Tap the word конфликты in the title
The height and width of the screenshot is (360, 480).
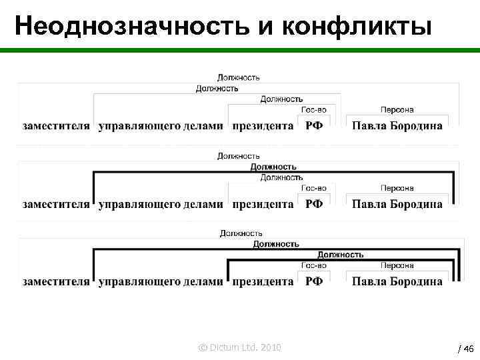pos(358,26)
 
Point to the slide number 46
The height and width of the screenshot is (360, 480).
pos(467,349)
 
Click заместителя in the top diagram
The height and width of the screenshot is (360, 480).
pos(56,126)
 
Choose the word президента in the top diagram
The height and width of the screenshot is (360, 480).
pos(263,126)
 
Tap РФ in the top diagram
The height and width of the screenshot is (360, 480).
pos(314,126)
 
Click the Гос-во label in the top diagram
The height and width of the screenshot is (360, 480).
pos(313,110)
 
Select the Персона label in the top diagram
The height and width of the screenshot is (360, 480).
pos(397,110)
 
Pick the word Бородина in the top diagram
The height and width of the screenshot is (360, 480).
pos(415,126)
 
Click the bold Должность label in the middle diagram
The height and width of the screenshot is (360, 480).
pos(273,167)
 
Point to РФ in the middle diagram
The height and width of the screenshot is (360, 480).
pos(314,205)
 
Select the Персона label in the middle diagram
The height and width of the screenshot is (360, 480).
pos(397,189)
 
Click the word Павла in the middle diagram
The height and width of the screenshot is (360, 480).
pos(368,205)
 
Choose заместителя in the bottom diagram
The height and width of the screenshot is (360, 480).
pos(56,281)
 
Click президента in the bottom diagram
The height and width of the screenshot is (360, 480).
pos(263,281)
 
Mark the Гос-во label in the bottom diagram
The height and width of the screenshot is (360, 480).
pos(313,265)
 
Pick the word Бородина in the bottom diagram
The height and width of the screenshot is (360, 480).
pos(415,281)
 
